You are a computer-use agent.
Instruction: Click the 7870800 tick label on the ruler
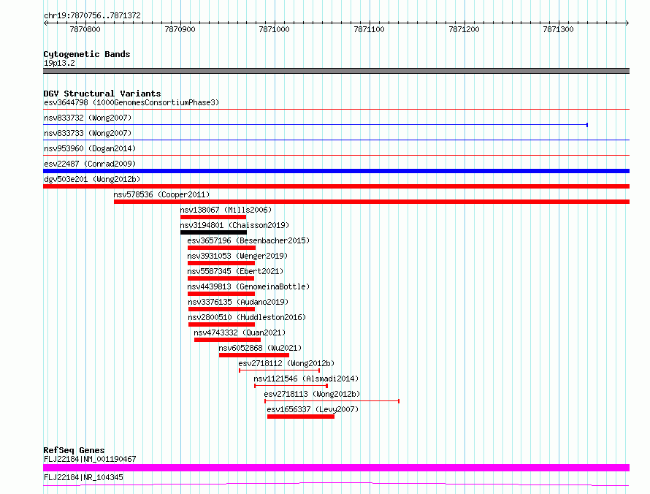(85, 29)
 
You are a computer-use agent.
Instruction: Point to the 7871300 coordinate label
(559, 29)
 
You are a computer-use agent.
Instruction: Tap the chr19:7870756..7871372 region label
(93, 16)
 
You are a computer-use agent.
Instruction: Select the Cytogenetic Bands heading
(87, 54)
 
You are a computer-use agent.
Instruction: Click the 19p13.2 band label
(59, 63)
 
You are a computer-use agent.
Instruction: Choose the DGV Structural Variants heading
(102, 94)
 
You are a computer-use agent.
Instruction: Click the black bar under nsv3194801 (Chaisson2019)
(213, 232)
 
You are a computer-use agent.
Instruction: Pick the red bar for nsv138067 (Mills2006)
(213, 217)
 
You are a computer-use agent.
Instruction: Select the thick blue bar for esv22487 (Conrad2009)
(336, 171)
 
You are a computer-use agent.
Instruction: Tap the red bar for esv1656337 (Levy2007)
(301, 417)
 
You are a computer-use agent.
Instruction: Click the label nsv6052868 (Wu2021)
(260, 348)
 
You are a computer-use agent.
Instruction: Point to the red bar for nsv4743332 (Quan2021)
(228, 340)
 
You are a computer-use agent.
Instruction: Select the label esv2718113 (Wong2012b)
(312, 394)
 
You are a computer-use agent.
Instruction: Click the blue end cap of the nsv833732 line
(587, 125)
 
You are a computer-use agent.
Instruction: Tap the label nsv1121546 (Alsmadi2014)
(306, 379)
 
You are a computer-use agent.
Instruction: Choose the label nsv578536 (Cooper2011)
(161, 194)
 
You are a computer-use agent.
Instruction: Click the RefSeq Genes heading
(74, 450)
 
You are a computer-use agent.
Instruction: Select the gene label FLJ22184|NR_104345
(83, 477)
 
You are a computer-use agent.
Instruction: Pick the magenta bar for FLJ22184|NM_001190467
(336, 468)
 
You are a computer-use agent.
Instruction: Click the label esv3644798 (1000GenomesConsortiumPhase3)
(131, 102)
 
